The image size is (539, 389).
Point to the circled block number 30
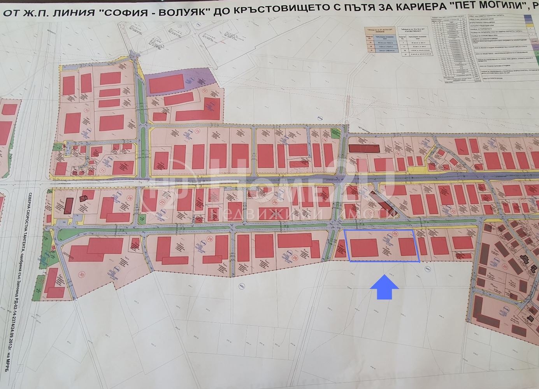pos(81,274)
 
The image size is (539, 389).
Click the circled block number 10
pos(87,110)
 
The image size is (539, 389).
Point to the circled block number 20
pos(505,267)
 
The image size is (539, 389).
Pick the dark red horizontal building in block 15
pos(363,148)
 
